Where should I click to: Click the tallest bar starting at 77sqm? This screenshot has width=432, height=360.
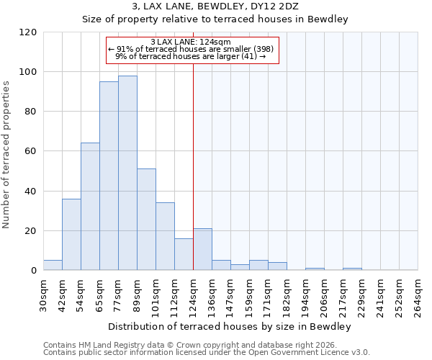tap(127, 173)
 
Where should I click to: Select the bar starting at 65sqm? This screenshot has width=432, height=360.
tap(109, 176)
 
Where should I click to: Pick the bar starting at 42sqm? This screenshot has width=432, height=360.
tap(71, 234)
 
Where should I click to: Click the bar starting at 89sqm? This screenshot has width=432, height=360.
tap(146, 220)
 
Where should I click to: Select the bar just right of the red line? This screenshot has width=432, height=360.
tap(202, 249)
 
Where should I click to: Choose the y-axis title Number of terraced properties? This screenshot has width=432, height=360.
tap(6, 154)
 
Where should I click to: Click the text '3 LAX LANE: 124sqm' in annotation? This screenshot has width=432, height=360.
tap(191, 42)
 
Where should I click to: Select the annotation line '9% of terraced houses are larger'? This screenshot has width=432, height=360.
tap(191, 56)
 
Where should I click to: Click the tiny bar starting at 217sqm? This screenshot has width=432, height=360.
tap(352, 269)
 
